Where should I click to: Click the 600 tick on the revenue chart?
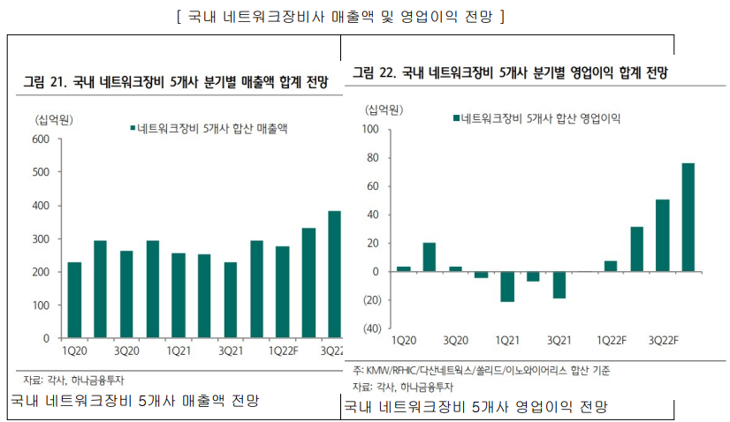pos(41,139)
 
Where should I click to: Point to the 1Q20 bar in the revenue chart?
pos(74,300)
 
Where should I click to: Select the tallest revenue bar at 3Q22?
pos(334,275)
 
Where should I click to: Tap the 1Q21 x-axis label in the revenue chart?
pos(179,350)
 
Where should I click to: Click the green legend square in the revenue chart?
pos(131,129)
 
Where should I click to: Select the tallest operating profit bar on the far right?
pos(688,217)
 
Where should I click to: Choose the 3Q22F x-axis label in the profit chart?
pos(663,340)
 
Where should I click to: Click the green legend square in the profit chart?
pos(454,117)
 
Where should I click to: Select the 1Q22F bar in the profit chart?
pos(610,266)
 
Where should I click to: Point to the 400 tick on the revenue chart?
pos(41,206)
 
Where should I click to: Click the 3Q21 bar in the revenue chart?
pos(231,300)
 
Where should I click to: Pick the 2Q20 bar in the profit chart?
pos(429,257)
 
